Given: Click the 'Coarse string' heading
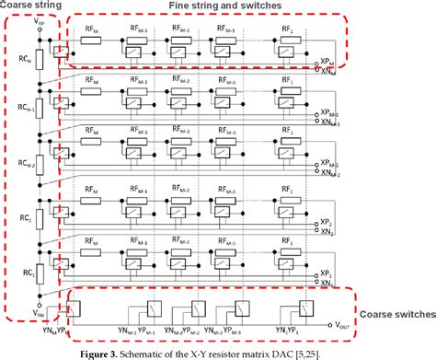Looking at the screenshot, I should [x=34, y=6].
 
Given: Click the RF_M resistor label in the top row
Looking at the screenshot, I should [x=92, y=29].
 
